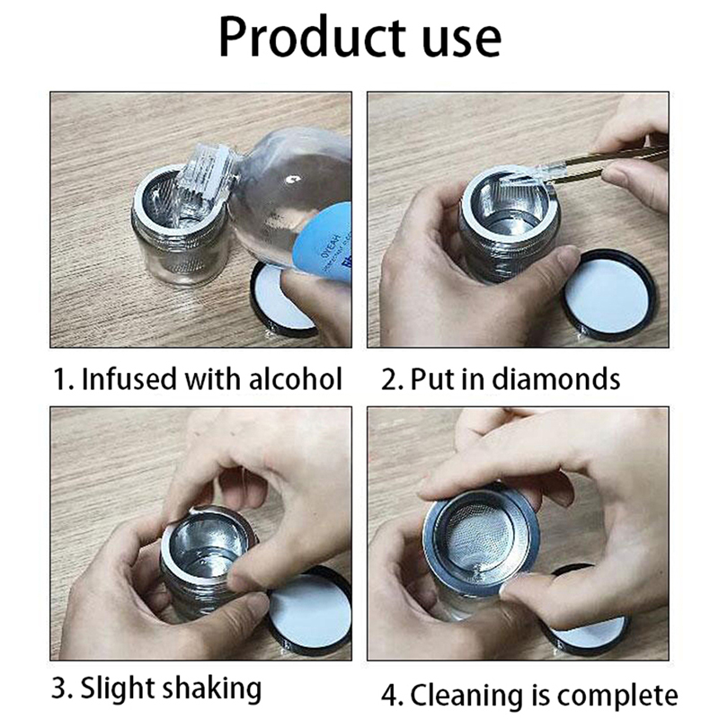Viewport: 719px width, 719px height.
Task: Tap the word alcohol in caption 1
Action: click(x=296, y=378)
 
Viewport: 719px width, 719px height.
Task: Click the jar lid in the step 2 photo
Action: click(x=609, y=296)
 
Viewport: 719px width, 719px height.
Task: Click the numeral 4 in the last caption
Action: click(x=390, y=696)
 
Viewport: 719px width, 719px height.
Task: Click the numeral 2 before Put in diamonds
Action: click(x=389, y=379)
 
